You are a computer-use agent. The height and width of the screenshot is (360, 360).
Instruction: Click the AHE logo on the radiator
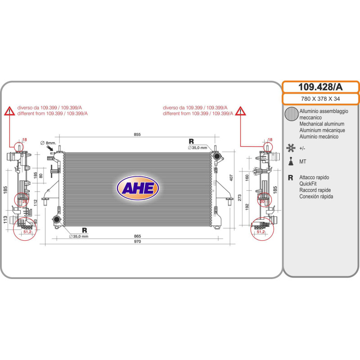(138, 188)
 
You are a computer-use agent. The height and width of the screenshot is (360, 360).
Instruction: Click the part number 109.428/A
(320, 87)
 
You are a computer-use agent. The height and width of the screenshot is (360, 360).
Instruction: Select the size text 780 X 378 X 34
(320, 99)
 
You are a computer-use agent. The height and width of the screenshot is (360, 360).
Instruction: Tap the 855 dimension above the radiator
(137, 134)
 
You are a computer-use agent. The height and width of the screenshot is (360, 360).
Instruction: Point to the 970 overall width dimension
(137, 241)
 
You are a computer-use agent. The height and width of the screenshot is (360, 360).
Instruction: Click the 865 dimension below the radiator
(137, 236)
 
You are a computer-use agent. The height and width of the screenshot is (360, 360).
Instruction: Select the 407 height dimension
(231, 177)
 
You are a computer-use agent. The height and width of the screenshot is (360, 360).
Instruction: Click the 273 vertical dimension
(239, 198)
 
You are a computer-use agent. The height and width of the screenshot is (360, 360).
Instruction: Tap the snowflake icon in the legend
(291, 148)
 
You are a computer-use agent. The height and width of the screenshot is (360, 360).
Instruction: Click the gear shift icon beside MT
(291, 161)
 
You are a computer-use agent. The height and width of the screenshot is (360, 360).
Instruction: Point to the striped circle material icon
(291, 114)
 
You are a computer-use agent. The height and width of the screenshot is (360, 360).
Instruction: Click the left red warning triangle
(9, 111)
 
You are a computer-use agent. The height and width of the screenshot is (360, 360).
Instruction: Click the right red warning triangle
(240, 111)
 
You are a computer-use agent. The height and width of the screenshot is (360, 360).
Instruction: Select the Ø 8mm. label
(48, 143)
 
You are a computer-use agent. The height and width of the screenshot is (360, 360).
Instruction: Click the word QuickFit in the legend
(308, 184)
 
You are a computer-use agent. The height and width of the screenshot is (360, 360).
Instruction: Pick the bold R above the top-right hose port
(191, 141)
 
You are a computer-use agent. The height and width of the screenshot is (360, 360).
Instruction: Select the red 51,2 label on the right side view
(261, 232)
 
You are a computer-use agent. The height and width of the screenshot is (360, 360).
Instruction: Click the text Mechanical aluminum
(322, 124)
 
